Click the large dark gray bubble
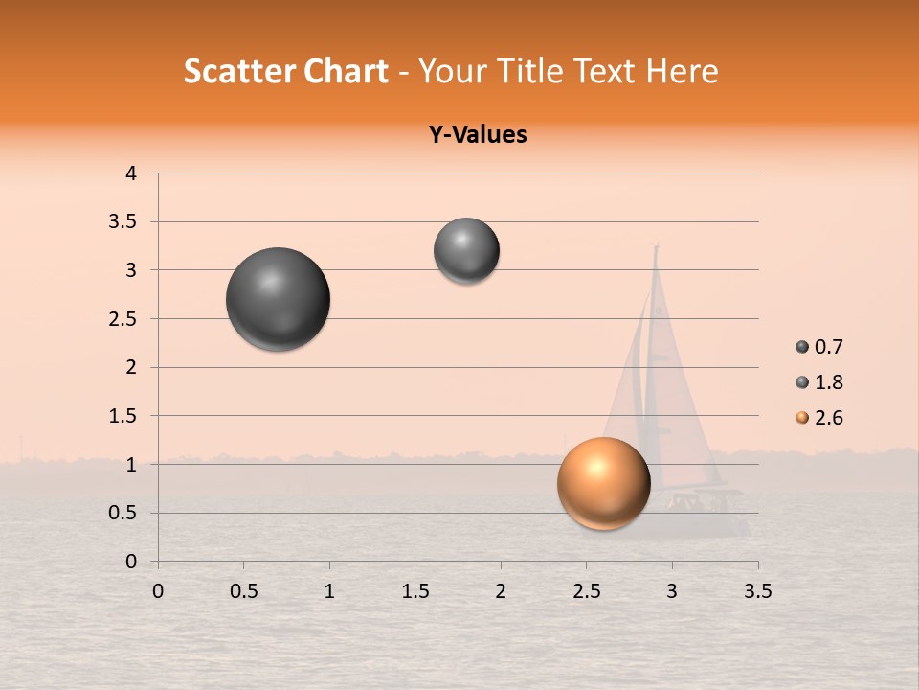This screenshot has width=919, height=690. pyautogui.click(x=279, y=299)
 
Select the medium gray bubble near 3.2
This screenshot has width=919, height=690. pyautogui.click(x=466, y=250)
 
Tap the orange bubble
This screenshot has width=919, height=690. pyautogui.click(x=604, y=483)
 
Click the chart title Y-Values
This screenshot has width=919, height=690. pyautogui.click(x=477, y=134)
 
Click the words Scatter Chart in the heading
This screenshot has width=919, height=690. pyautogui.click(x=285, y=71)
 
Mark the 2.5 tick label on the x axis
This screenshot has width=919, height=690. pyautogui.click(x=586, y=591)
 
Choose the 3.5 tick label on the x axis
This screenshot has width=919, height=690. pyautogui.click(x=757, y=591)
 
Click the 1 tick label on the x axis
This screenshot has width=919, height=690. pyautogui.click(x=329, y=591)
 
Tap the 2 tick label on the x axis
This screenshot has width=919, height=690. pyautogui.click(x=501, y=591)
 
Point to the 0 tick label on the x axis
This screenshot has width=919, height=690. pyautogui.click(x=158, y=591)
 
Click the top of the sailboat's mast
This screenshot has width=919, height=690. pyautogui.click(x=657, y=246)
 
